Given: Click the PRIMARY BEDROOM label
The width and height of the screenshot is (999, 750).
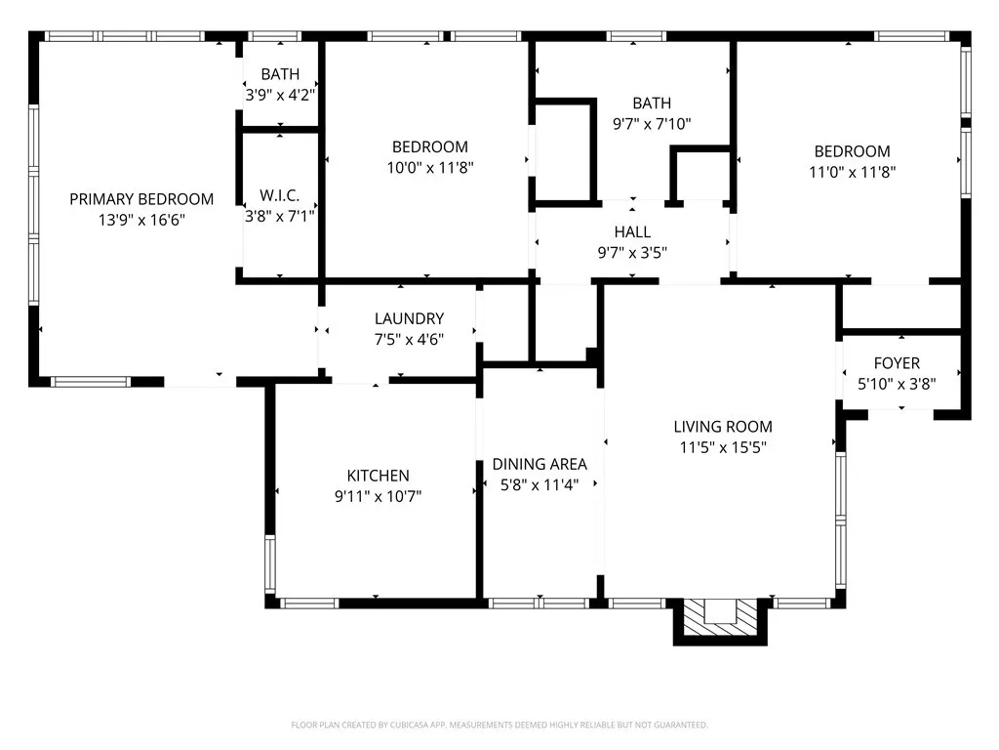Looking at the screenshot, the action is (x=141, y=199).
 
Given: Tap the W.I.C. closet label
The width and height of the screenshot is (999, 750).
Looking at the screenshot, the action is (x=280, y=195).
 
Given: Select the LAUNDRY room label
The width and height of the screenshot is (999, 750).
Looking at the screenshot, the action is (x=409, y=318).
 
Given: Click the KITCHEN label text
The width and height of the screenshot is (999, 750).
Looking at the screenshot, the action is (x=378, y=476).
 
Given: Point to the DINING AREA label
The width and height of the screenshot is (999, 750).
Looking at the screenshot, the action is (x=539, y=464).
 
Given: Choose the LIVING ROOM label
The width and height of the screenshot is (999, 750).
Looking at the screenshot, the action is (x=723, y=427).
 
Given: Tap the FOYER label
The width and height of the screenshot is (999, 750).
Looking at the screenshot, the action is (x=898, y=363).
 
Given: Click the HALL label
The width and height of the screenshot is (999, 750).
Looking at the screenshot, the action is (x=632, y=231).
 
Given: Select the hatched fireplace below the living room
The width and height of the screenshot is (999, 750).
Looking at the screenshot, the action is (x=720, y=620).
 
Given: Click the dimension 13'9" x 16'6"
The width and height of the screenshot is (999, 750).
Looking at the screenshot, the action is (x=141, y=220).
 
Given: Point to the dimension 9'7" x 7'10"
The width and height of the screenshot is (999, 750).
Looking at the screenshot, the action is (x=652, y=124).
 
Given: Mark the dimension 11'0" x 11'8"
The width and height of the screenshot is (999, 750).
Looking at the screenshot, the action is (x=853, y=172).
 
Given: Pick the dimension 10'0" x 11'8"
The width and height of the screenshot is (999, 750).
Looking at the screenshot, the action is (x=430, y=168).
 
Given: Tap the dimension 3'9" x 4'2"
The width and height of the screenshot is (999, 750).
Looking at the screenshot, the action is (x=280, y=95).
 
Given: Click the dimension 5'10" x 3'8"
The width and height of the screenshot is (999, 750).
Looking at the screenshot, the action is (x=898, y=384).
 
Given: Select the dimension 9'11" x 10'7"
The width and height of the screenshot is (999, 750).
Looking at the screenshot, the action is (x=378, y=496).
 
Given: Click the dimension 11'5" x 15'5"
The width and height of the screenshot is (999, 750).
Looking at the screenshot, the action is (x=723, y=447).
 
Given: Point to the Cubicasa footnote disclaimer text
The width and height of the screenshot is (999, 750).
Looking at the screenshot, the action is (x=499, y=726).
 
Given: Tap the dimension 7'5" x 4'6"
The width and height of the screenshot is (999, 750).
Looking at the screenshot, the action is (x=409, y=339).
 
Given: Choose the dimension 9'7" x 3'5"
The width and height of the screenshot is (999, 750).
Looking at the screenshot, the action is (x=632, y=253).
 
